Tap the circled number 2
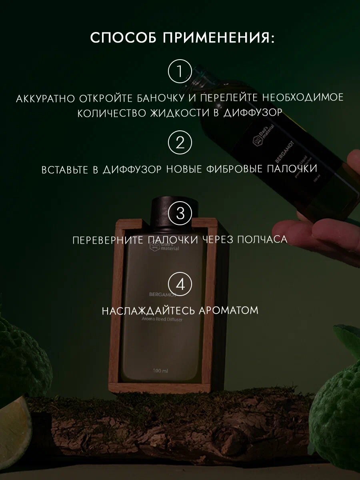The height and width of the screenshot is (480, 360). tap(180, 143)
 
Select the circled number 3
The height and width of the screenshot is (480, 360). tap(180, 213)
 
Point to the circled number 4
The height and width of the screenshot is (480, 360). tap(180, 284)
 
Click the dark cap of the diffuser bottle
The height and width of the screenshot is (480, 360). tap(174, 208)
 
